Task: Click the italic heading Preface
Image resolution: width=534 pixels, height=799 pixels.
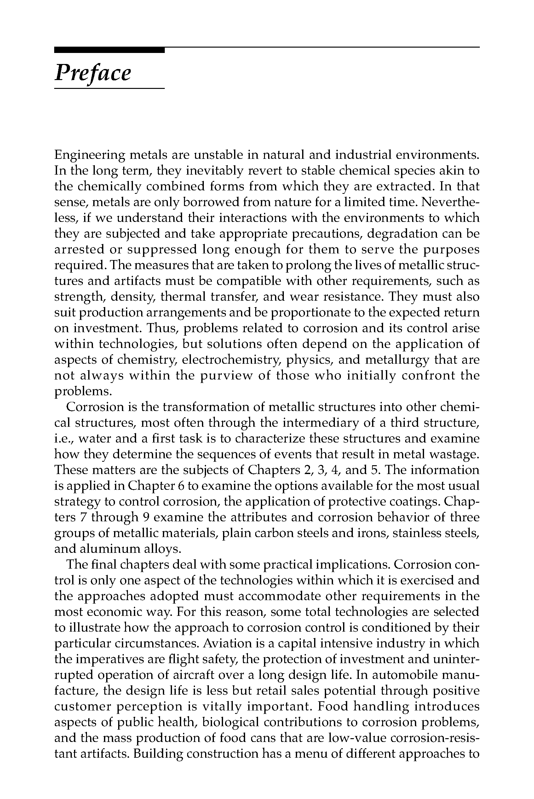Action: (x=93, y=73)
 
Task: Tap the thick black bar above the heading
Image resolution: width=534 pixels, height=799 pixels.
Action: (x=109, y=50)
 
